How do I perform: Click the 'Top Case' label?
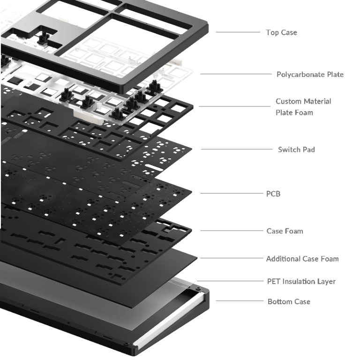click(x=281, y=32)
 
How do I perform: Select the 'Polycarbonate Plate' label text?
click(x=310, y=74)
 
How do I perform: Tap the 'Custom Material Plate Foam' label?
click(x=303, y=107)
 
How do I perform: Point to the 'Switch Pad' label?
click(x=296, y=150)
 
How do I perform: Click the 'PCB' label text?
click(x=273, y=193)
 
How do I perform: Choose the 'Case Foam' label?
click(x=285, y=231)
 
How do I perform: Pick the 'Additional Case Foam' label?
click(x=302, y=258)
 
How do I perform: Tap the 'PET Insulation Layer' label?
click(x=301, y=281)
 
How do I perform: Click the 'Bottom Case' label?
click(x=289, y=301)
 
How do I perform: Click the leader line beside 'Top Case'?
click(x=238, y=32)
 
